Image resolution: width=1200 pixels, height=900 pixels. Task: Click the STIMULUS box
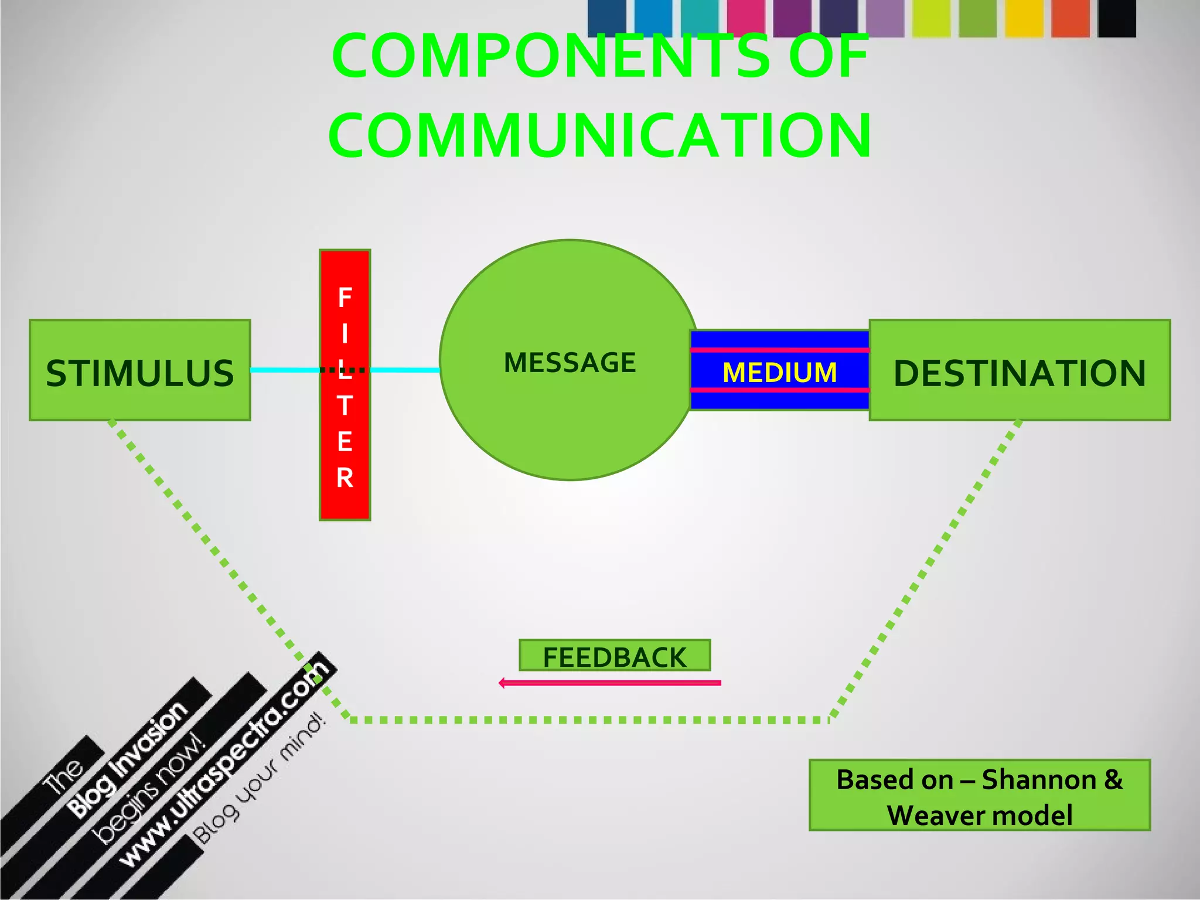point(140,370)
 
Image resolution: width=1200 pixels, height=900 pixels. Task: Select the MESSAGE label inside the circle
point(570,363)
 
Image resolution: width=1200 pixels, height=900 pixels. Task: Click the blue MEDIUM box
point(779,370)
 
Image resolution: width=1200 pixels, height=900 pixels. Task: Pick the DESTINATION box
point(1020,370)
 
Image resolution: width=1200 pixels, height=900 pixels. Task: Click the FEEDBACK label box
point(615,656)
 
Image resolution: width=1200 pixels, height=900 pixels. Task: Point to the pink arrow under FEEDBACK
point(609,683)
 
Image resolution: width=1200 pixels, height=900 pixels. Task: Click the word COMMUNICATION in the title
point(599,135)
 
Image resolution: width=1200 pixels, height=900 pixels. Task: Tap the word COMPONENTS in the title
point(551,56)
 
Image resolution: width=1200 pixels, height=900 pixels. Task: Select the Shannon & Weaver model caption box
point(979,795)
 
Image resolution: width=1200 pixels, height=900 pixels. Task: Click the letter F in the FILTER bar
point(345,298)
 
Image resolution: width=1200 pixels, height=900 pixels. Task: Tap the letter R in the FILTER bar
point(345,478)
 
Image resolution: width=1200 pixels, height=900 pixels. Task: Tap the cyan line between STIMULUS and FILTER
point(285,370)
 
